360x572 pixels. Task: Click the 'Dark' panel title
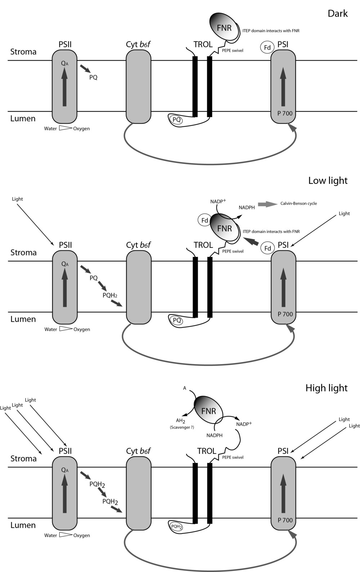(x=337, y=14)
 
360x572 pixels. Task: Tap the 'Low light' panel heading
(x=328, y=181)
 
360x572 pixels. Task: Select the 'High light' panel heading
(x=326, y=388)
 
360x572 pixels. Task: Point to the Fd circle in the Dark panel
(x=267, y=47)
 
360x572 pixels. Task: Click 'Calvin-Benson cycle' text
(x=298, y=204)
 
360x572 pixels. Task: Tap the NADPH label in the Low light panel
(x=247, y=208)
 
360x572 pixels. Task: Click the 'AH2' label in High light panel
(x=180, y=421)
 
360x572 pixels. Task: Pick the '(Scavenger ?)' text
(x=182, y=427)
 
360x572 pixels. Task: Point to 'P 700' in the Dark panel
(x=285, y=113)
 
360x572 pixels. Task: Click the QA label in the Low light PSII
(x=65, y=264)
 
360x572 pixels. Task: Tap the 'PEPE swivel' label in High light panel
(x=233, y=457)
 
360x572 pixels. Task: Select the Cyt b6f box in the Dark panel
(x=138, y=87)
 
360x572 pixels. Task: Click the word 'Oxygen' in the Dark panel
(x=81, y=128)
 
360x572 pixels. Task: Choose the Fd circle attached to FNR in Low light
(x=204, y=221)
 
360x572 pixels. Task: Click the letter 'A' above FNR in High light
(x=185, y=388)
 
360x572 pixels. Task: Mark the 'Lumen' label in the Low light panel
(x=23, y=319)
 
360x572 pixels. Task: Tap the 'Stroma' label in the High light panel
(x=23, y=459)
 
